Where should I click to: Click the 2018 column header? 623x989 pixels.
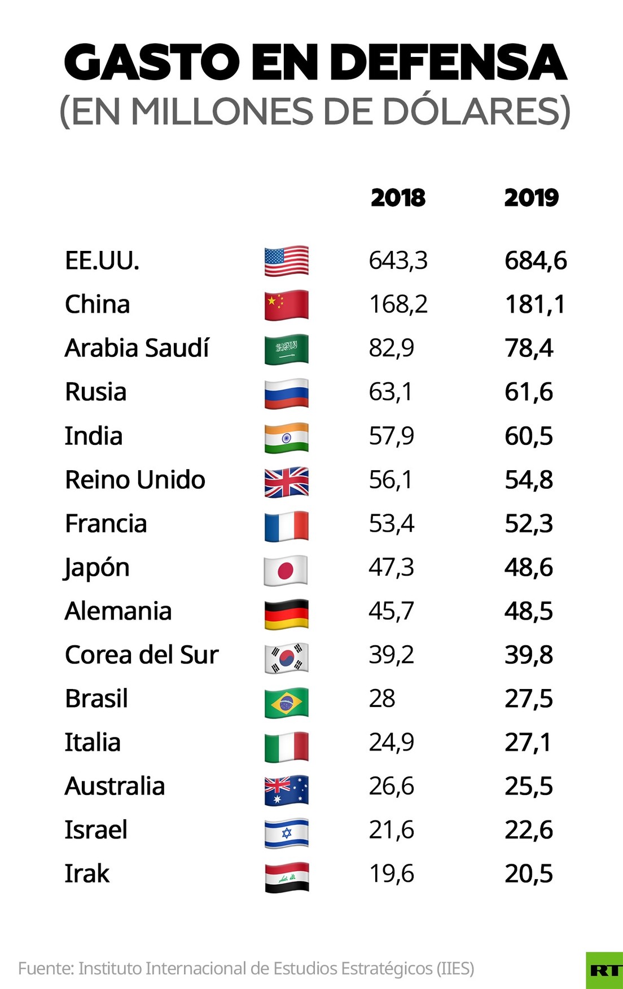(398, 198)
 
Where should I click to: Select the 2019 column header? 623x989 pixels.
(531, 198)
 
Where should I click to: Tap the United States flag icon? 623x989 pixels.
(287, 261)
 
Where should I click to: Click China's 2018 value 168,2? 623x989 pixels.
(398, 304)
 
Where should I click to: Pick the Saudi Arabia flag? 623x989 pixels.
(287, 349)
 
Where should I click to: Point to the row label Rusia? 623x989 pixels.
(95, 392)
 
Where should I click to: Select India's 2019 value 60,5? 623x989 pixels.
(528, 436)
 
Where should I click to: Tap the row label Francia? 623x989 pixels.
(106, 524)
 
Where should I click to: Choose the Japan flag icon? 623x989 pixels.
(286, 570)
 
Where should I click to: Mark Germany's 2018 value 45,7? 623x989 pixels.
(391, 611)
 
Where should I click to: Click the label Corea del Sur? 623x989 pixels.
(142, 655)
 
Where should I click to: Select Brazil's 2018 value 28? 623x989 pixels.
(382, 699)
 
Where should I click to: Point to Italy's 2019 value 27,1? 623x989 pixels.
(527, 743)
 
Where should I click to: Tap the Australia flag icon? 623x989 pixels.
(287, 789)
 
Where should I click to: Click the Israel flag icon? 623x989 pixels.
(287, 833)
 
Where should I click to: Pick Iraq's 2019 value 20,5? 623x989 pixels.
(528, 874)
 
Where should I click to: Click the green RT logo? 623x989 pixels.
(604, 970)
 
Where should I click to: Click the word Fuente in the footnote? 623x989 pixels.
(45, 969)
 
